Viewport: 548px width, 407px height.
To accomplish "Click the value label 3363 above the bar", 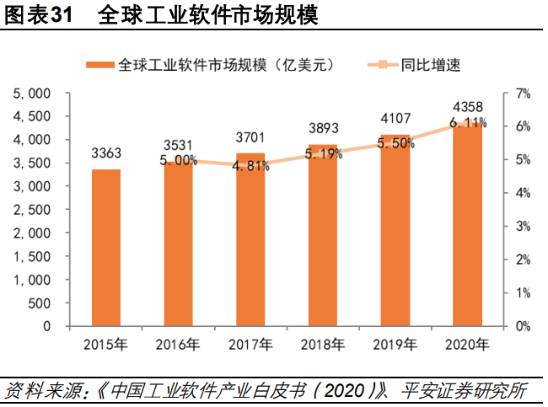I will pyautogui.click(x=107, y=153).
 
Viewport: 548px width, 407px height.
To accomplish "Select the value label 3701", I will pyautogui.click(x=251, y=137).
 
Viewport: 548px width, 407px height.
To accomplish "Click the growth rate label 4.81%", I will pyautogui.click(x=251, y=167).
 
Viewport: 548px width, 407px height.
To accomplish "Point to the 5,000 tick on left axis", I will pyautogui.click(x=33, y=94).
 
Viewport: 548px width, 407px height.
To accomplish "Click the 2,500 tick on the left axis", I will pyautogui.click(x=33, y=210).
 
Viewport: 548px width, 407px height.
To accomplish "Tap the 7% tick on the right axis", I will pyautogui.click(x=522, y=94).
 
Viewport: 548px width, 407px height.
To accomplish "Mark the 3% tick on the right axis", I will pyautogui.click(x=522, y=227).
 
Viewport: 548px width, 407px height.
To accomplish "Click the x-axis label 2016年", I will pyautogui.click(x=179, y=344).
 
